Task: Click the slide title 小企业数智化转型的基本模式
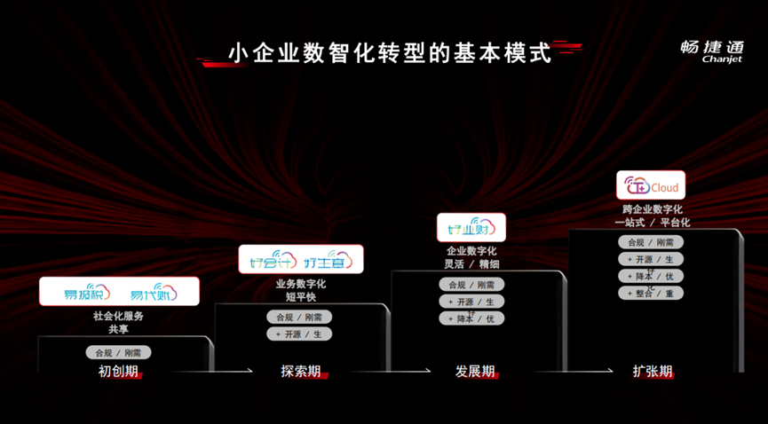pyautogui.click(x=389, y=53)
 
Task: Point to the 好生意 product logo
pyautogui.click(x=328, y=262)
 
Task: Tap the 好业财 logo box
pyautogui.click(x=471, y=228)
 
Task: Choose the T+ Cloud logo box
pyautogui.click(x=652, y=186)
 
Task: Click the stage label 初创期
pyautogui.click(x=118, y=371)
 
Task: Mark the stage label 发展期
pyautogui.click(x=475, y=371)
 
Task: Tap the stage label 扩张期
pyautogui.click(x=653, y=371)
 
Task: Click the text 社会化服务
pyautogui.click(x=118, y=315)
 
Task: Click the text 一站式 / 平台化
pyautogui.click(x=652, y=223)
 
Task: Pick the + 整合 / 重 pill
pyautogui.click(x=651, y=293)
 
